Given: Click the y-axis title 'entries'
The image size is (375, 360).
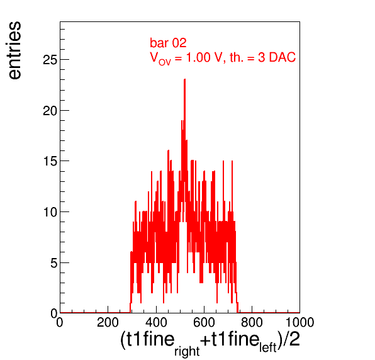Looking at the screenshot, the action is pos(14,50).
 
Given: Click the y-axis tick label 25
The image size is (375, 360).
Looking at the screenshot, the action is pos(50,60).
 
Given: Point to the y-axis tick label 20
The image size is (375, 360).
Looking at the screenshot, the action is pos(50,111).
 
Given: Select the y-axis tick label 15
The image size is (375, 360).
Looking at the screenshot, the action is pos(50,161).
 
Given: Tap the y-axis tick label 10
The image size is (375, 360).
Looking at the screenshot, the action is pos(50,212).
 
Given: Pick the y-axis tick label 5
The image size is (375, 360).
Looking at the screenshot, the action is pos(54,263).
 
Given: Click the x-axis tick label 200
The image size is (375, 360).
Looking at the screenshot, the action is pos(108,322).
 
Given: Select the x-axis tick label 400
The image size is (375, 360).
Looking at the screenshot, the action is pos(156,322).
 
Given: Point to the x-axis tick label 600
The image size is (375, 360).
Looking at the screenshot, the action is pos(204,322).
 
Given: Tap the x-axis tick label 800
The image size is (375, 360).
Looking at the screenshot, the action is pos(252,322).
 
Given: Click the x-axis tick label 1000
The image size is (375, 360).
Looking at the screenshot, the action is pos(300,322).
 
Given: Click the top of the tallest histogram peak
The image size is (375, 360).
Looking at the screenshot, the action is pos(184,79).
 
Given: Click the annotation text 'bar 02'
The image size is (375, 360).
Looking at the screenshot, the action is pos(168,43).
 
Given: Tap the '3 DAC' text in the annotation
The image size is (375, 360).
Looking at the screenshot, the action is pos(277,57).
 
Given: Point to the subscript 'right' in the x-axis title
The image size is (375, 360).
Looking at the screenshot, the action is pos(187,351).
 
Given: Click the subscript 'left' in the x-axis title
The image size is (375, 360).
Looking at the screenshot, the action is pos(268,347).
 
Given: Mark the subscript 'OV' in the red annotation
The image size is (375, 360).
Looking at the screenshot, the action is pos(165,62).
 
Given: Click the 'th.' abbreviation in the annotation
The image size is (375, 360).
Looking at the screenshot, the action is pos(236,57).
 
